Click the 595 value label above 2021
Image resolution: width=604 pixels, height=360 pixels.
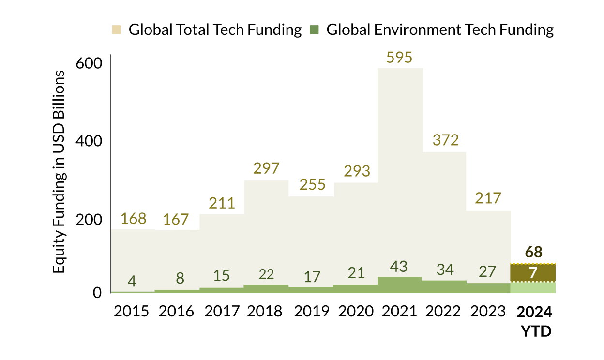tap(399, 57)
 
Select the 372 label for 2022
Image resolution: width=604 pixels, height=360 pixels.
tap(445, 140)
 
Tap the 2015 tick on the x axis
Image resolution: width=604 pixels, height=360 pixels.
tap(132, 311)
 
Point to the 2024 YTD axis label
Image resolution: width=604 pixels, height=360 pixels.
tap(534, 321)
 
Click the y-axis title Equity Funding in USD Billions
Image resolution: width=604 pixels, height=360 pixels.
tap(59, 172)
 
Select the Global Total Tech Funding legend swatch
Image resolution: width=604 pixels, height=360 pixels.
tap(117, 30)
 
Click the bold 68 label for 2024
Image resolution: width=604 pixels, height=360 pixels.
tap(533, 252)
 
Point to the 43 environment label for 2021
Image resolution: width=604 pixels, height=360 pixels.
tap(399, 267)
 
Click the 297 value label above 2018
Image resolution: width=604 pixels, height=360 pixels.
tap(266, 168)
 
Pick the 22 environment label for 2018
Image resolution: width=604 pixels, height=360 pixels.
tap(266, 274)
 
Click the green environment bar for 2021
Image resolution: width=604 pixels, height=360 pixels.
tap(400, 285)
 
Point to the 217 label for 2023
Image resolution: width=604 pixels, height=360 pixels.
tap(489, 199)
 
